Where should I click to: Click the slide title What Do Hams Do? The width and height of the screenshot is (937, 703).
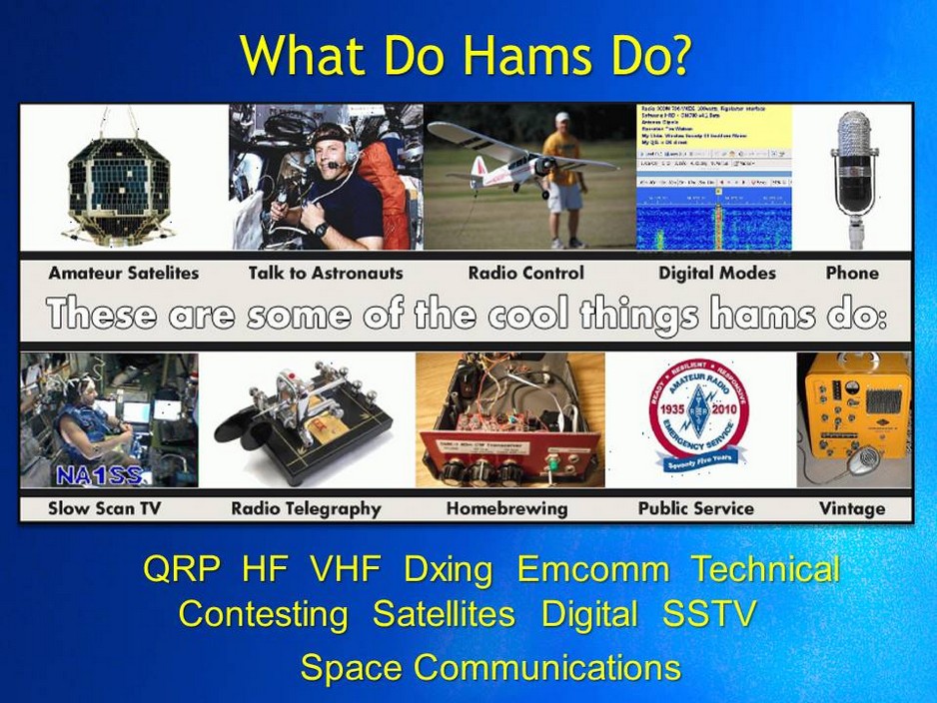pos(466,57)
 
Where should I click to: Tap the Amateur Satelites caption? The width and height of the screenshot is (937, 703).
pos(123,273)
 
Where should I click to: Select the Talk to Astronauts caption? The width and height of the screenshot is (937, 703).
pos(326,273)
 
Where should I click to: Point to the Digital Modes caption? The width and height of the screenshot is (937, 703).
pos(716,273)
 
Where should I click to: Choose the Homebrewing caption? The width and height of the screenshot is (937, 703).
pos(506,508)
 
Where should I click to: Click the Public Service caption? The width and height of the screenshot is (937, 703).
pos(695,508)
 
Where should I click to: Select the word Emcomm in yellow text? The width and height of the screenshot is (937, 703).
pos(593,570)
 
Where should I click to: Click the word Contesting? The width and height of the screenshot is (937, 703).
pos(263,614)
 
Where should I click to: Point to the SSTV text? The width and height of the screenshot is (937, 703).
pos(708,614)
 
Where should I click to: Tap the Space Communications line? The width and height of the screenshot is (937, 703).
pos(490,667)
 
